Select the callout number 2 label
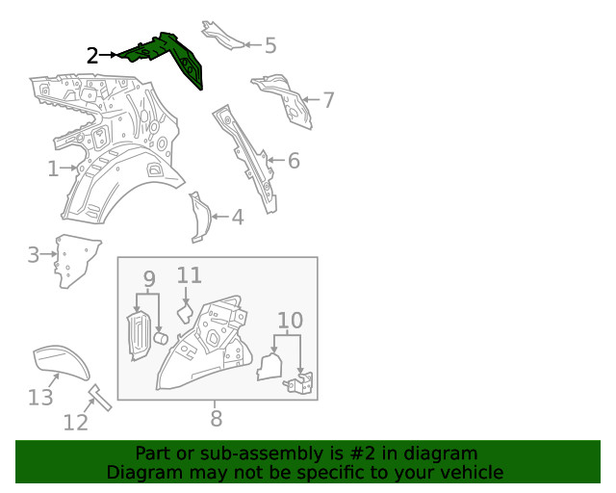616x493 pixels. click(92, 56)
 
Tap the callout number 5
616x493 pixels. click(270, 45)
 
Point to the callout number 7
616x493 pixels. click(328, 100)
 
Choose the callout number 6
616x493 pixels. click(294, 161)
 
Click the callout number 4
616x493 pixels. click(238, 218)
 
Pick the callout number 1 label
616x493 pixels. click(53, 169)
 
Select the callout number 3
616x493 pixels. click(34, 255)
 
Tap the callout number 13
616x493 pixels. click(40, 398)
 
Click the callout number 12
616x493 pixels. click(76, 423)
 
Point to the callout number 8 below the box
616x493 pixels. click(217, 418)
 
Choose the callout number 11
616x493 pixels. click(190, 275)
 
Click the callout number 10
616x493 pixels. click(291, 321)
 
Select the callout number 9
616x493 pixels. click(149, 279)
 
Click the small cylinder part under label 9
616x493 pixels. click(161, 338)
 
